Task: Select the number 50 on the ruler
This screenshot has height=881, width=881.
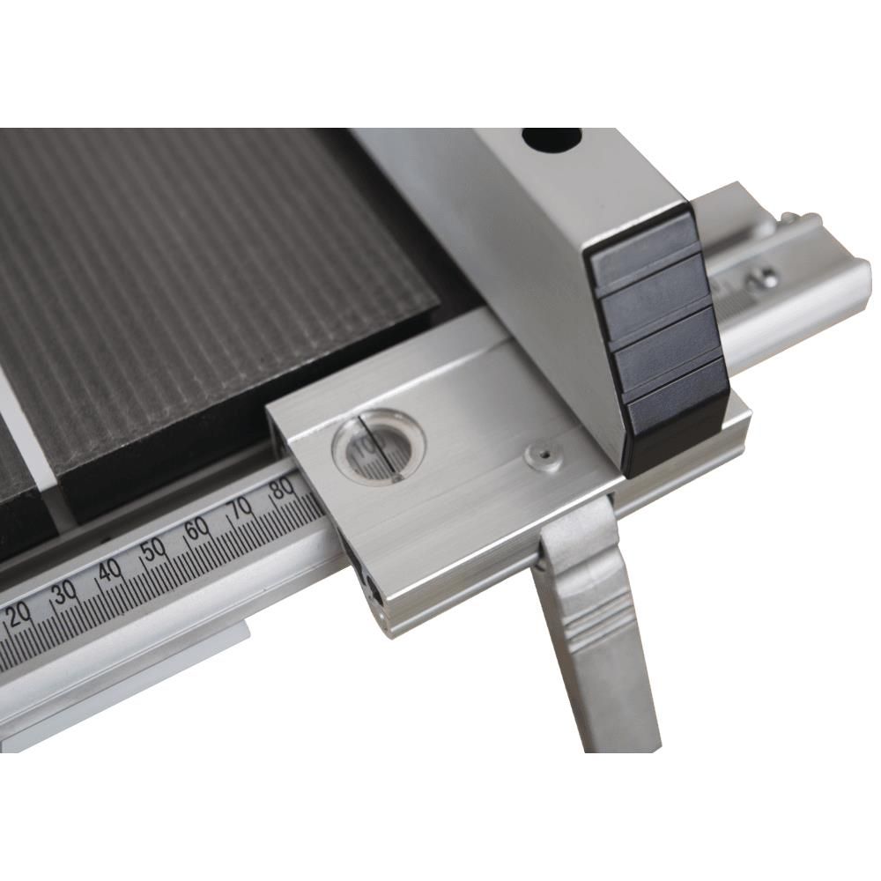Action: (x=154, y=550)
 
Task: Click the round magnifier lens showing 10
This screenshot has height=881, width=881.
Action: (x=378, y=445)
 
